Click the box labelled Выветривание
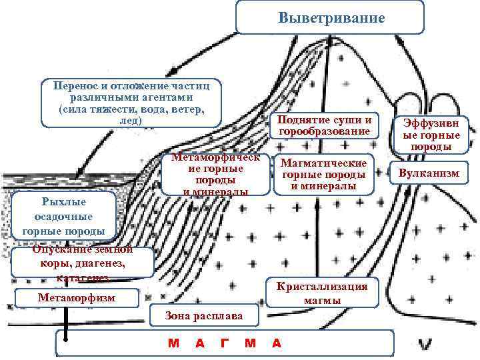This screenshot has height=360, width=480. pos(330,17)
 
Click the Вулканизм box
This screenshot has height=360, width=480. pos(429,173)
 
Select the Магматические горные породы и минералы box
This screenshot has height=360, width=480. pos(324,175)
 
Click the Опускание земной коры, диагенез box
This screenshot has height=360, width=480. pos(83,263)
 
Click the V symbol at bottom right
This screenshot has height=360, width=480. pos(425,344)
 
